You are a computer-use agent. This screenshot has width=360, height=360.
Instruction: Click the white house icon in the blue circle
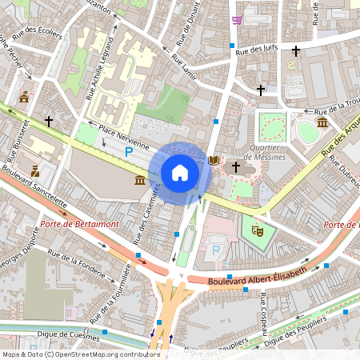(x=180, y=173)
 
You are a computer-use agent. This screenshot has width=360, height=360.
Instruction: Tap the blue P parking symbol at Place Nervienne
(x=128, y=151)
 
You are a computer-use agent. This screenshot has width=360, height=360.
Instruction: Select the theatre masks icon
(x=258, y=229)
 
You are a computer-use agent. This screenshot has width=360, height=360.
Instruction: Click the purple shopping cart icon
(x=237, y=20)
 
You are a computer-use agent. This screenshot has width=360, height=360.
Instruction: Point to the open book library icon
(x=213, y=161)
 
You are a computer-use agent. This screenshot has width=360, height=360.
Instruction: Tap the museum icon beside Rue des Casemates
(x=141, y=182)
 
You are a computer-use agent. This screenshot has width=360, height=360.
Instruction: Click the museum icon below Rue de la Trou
(x=322, y=122)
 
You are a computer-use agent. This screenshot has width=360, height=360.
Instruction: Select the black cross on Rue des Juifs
(x=296, y=50)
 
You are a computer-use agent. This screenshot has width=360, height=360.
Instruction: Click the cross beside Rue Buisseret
(x=49, y=121)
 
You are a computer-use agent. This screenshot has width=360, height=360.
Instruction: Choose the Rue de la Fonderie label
(x=78, y=264)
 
